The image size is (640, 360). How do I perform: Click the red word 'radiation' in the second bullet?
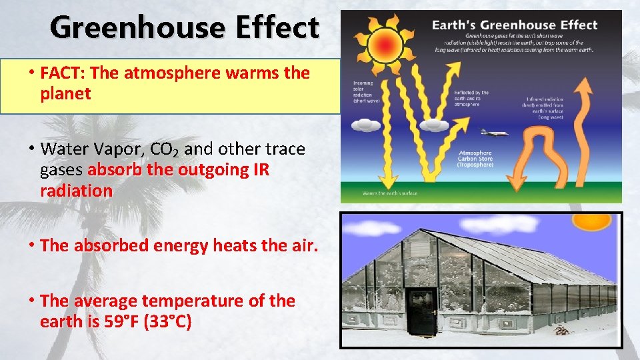click(x=76, y=191)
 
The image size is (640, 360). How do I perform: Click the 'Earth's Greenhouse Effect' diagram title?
click(x=515, y=25)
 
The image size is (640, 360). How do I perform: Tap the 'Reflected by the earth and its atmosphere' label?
click(x=471, y=99)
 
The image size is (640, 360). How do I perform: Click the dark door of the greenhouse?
click(x=421, y=311)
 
